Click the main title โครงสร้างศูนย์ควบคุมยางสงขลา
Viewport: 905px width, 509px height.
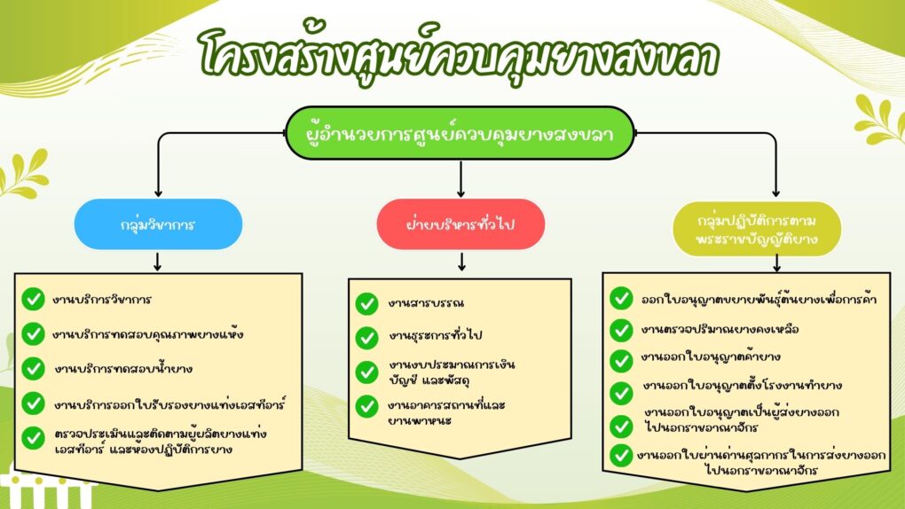pyautogui.click(x=459, y=55)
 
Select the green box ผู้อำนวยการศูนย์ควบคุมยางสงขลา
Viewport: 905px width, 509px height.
pyautogui.click(x=460, y=133)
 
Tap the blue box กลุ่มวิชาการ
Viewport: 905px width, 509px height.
pyautogui.click(x=158, y=224)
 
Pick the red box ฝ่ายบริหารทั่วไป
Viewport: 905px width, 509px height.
pyautogui.click(x=460, y=224)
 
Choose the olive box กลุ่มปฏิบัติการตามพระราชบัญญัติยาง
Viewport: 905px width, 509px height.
pyautogui.click(x=757, y=229)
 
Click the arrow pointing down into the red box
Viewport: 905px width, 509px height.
pyautogui.click(x=460, y=179)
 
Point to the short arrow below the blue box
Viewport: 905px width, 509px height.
pyautogui.click(x=158, y=261)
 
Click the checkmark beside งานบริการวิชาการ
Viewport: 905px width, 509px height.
pyautogui.click(x=34, y=299)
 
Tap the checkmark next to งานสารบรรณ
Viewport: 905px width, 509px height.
pyautogui.click(x=366, y=303)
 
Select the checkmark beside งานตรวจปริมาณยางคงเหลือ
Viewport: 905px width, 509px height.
pyautogui.click(x=621, y=330)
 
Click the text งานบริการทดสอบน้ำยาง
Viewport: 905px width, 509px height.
pyautogui.click(x=123, y=368)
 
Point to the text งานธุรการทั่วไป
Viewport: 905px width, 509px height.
pyautogui.click(x=435, y=334)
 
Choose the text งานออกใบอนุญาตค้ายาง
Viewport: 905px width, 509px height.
pyautogui.click(x=711, y=357)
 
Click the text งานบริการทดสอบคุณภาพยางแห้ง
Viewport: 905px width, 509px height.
pyautogui.click(x=148, y=334)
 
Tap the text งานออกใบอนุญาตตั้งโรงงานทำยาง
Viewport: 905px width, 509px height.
pyautogui.click(x=743, y=385)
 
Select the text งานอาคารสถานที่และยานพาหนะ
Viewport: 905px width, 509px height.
pyautogui.click(x=446, y=412)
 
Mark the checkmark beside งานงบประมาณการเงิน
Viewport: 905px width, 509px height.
pyautogui.click(x=366, y=372)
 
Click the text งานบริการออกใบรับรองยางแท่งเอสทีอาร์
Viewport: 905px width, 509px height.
pyautogui.click(x=169, y=404)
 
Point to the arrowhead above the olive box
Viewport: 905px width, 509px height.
pyautogui.click(x=775, y=193)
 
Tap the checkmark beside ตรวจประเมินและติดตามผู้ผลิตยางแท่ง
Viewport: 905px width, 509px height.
pyautogui.click(x=34, y=438)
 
